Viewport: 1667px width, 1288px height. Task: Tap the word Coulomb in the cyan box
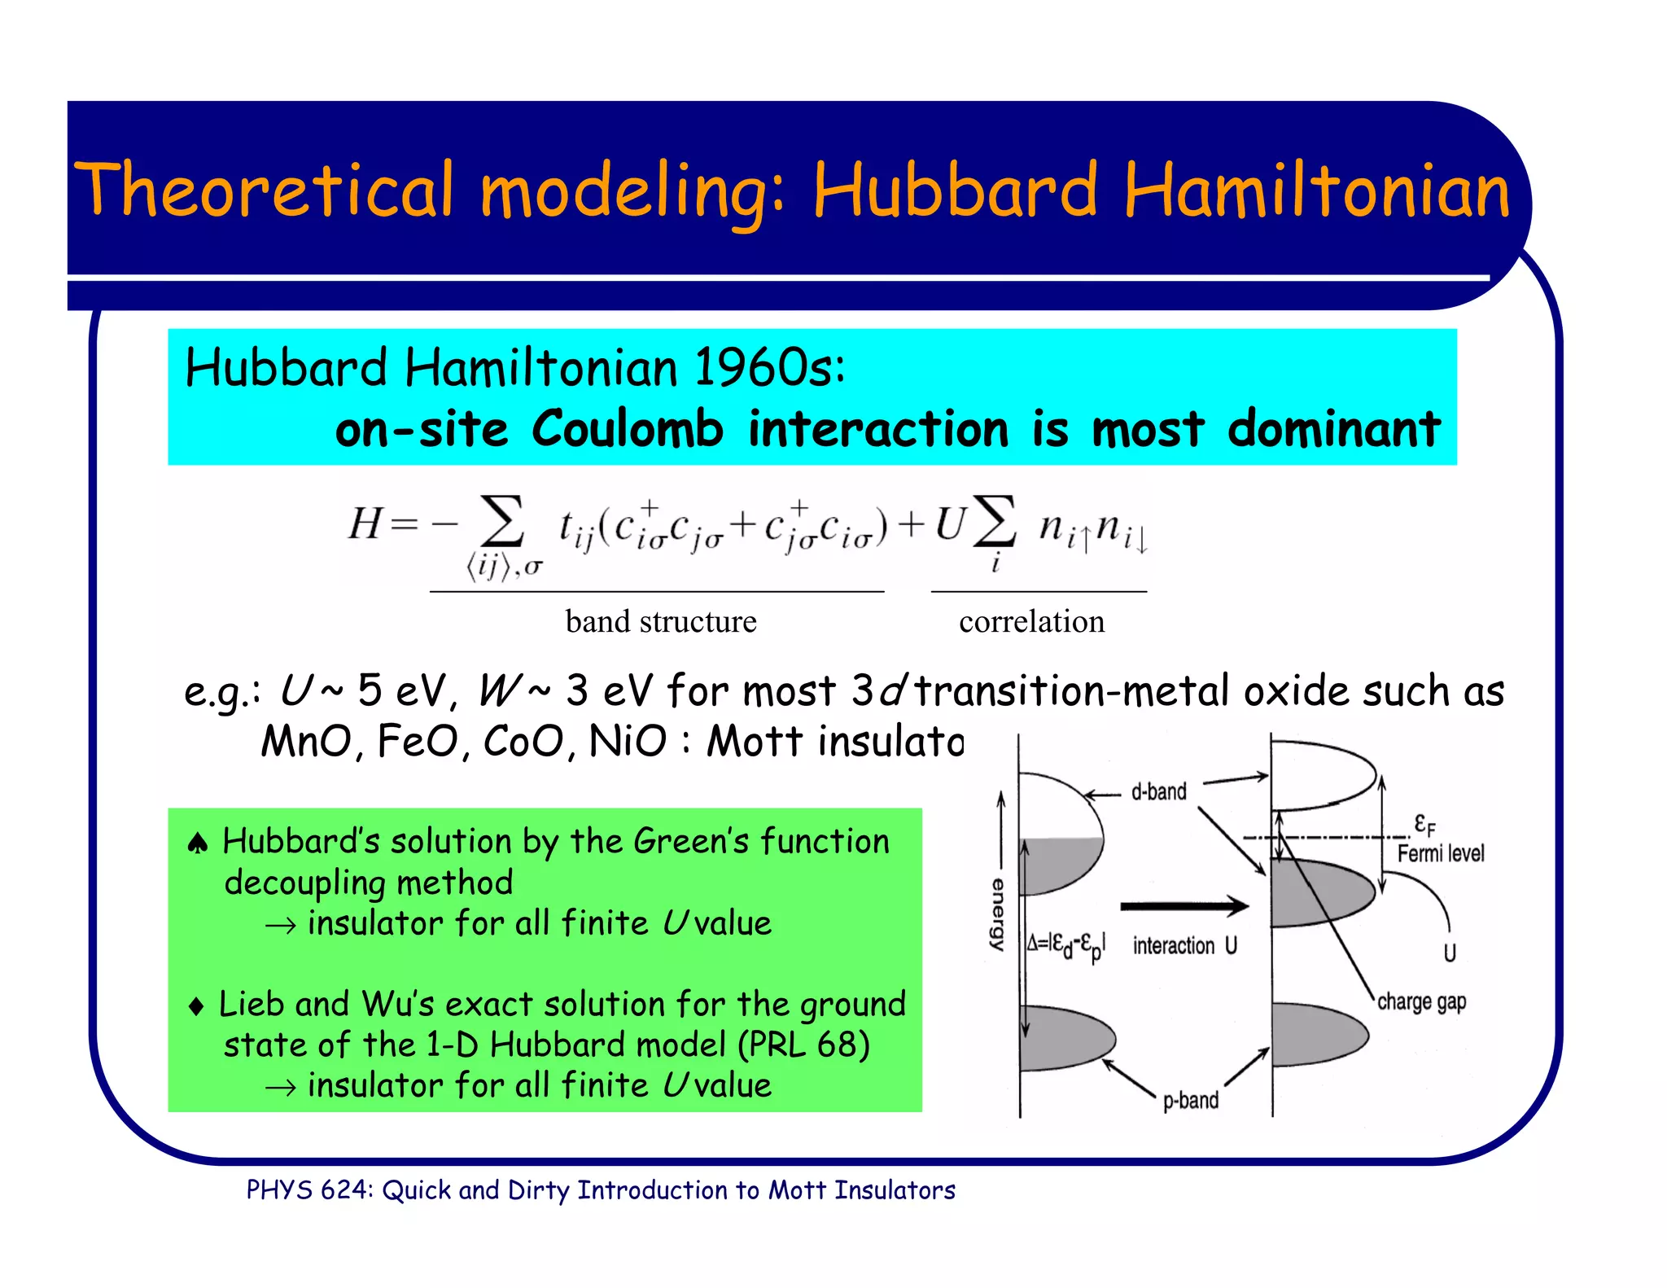click(627, 429)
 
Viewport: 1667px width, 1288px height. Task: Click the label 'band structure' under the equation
click(660, 622)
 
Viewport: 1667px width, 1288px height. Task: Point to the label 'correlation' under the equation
click(1031, 622)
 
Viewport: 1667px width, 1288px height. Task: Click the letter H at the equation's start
click(364, 523)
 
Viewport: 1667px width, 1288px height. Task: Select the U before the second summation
click(948, 524)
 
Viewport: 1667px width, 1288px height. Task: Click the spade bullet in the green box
click(198, 843)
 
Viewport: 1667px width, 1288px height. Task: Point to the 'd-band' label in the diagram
click(1158, 791)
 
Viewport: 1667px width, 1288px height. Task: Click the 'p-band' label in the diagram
click(1190, 1101)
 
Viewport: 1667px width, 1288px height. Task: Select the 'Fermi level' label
click(1440, 853)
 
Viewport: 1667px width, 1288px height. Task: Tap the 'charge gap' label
click(1421, 1002)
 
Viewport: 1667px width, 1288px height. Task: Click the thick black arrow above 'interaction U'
click(1184, 905)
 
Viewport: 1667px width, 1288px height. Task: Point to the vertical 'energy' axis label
click(998, 913)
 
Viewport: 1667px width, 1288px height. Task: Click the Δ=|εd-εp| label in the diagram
click(1065, 945)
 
